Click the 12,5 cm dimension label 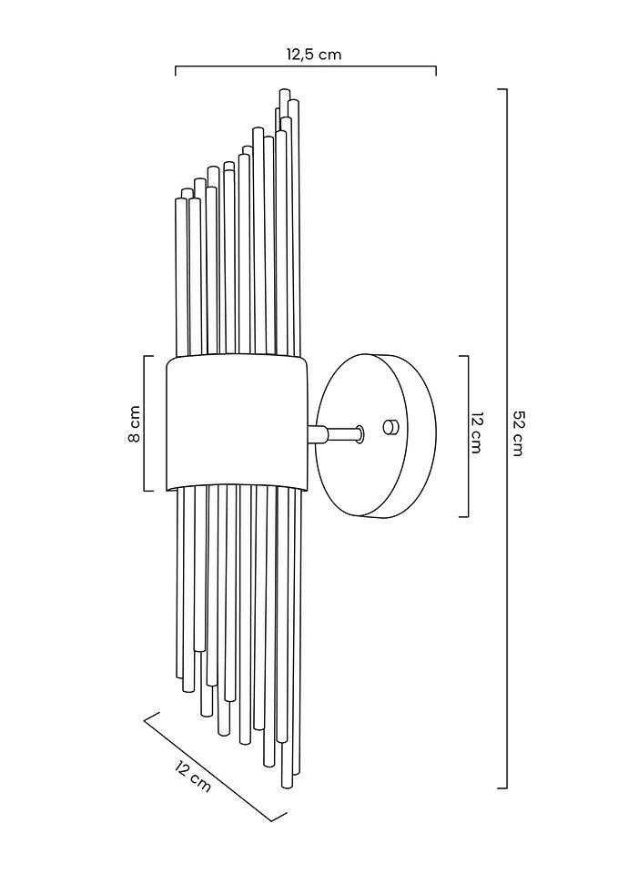[314, 55]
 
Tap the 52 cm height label [517, 435]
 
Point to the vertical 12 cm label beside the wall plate [475, 433]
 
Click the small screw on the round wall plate [391, 426]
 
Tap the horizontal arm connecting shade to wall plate [334, 432]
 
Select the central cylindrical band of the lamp [237, 422]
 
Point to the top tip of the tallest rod [285, 89]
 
